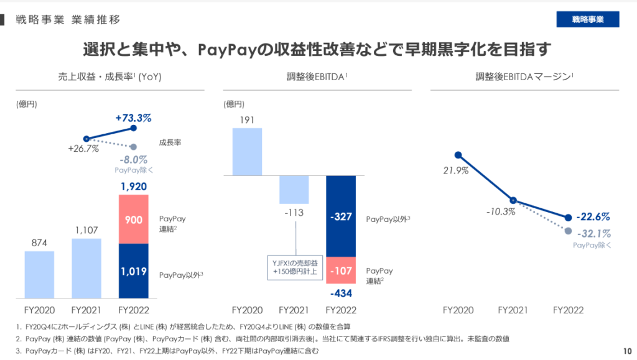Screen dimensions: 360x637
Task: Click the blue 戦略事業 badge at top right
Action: pos(588,19)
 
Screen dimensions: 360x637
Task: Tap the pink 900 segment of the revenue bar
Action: pos(133,219)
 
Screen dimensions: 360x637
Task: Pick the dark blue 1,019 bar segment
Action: pos(133,271)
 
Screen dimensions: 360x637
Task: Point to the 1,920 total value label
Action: pos(133,186)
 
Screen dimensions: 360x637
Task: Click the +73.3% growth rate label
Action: pos(134,118)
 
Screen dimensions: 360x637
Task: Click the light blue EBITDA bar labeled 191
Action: pos(247,151)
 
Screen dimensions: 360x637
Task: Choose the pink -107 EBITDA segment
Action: pos(340,271)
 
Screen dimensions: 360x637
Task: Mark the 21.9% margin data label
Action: pos(457,170)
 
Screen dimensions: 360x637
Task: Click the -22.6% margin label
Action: pos(592,217)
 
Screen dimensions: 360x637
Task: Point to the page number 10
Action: pos(626,350)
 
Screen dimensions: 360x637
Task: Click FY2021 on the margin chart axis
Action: pos(513,309)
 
